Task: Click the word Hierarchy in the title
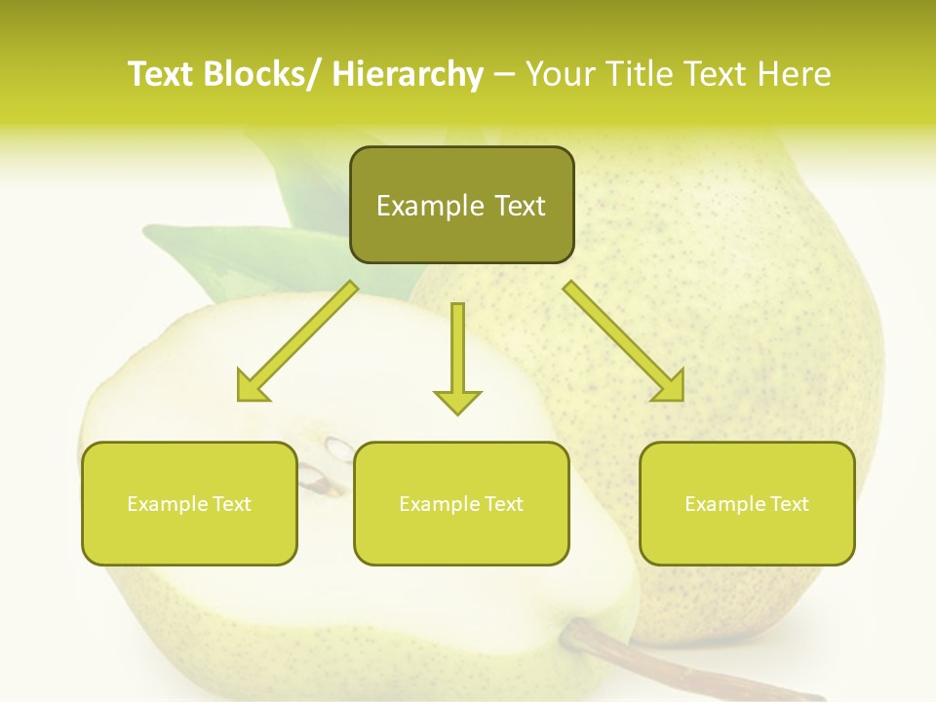[x=408, y=74]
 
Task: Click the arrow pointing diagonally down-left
[x=297, y=341]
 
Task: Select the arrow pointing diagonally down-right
[x=624, y=341]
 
